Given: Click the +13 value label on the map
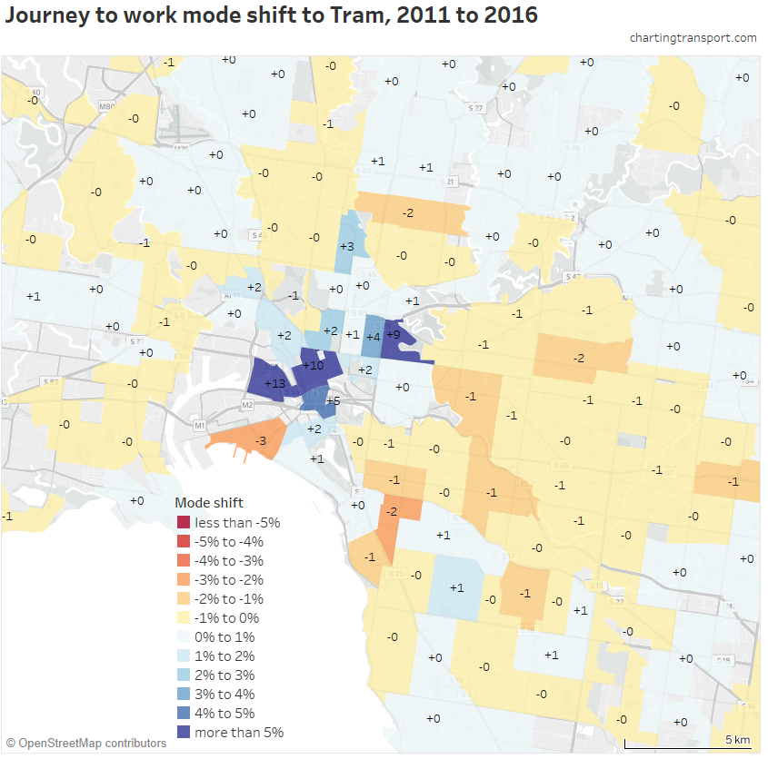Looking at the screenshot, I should [x=275, y=384].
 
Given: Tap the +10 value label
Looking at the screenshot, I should [x=313, y=366].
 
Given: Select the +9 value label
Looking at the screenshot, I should [x=394, y=334].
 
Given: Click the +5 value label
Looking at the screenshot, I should [x=334, y=401].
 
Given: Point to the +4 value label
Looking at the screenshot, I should [x=373, y=337].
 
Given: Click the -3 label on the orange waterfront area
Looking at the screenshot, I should [x=260, y=441].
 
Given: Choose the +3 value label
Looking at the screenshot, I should [x=346, y=247].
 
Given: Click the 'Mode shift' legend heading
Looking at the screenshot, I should [x=209, y=502].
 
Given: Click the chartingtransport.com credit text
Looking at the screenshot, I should [x=693, y=38].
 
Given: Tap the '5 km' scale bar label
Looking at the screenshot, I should [x=737, y=739].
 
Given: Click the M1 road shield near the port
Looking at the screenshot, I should [x=200, y=424].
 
